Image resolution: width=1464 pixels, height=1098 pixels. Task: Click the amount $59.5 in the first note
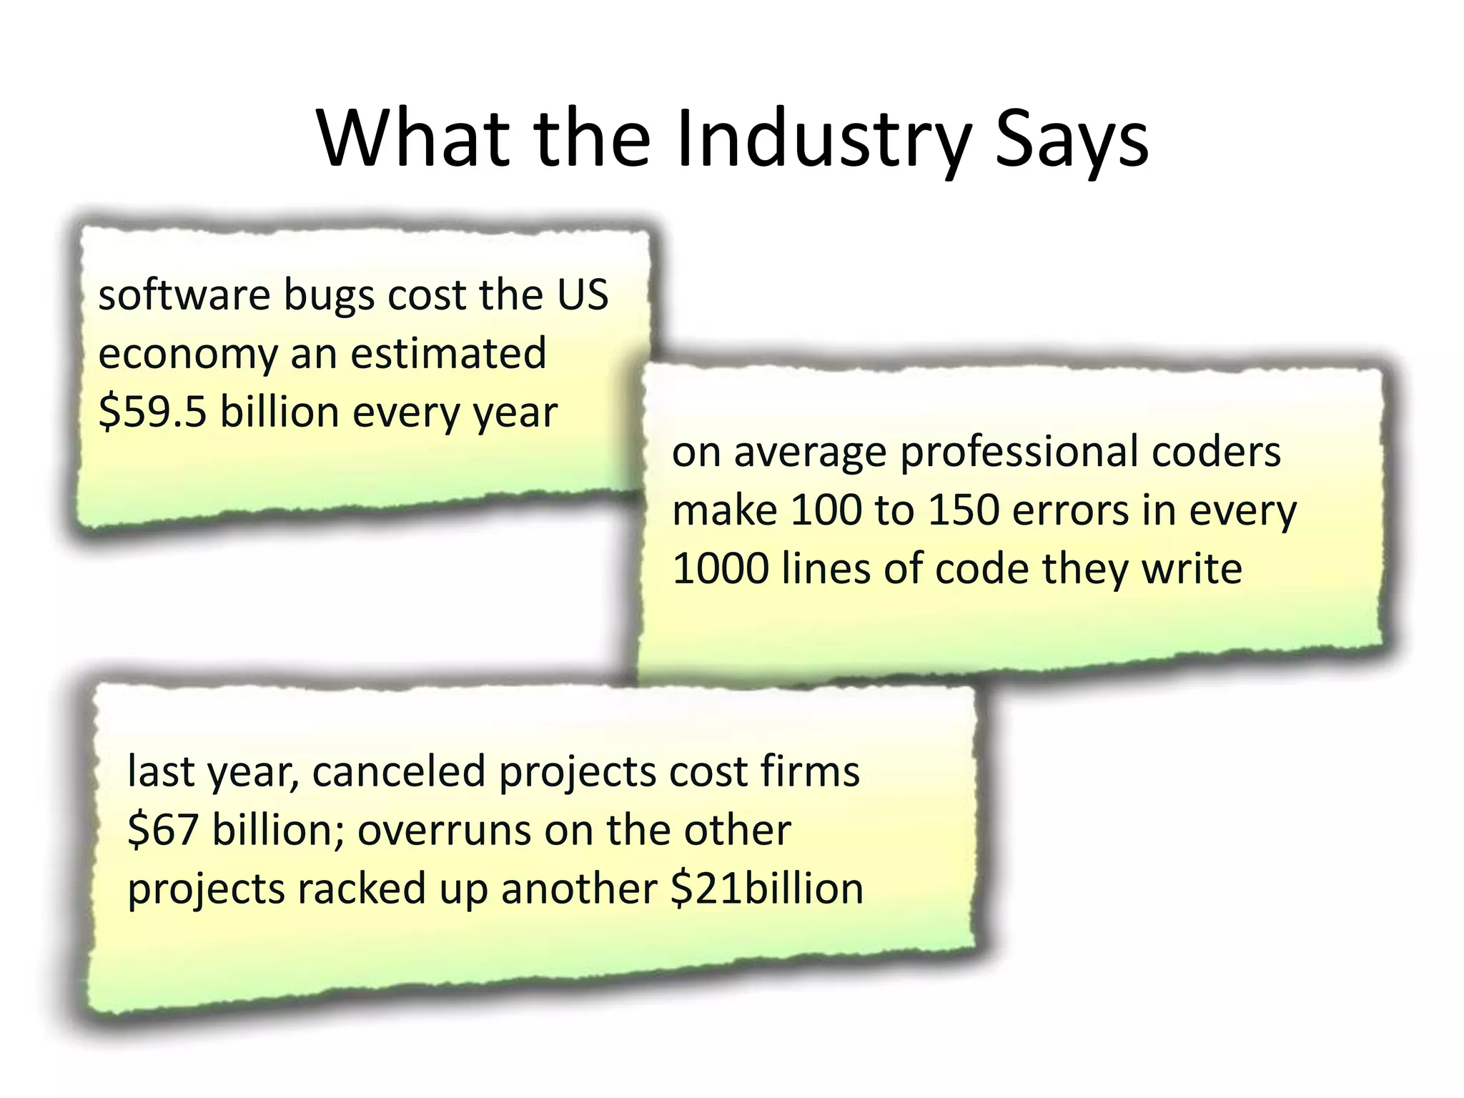pyautogui.click(x=152, y=412)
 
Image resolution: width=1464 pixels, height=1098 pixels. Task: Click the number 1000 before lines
pyautogui.click(x=721, y=569)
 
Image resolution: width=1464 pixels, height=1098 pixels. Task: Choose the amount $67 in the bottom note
pyautogui.click(x=162, y=831)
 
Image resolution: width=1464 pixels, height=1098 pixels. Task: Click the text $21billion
pyautogui.click(x=767, y=889)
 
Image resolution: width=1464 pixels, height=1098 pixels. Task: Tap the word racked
pyautogui.click(x=362, y=889)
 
